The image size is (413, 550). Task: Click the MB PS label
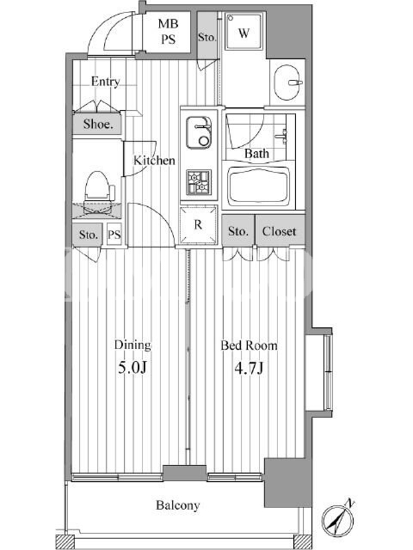[x=168, y=32]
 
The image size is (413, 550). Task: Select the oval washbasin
[x=288, y=82]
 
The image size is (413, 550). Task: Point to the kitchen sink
[x=199, y=132]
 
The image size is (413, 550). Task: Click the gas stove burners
[x=199, y=182]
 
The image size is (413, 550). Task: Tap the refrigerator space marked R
[x=198, y=225]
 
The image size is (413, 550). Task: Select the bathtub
[x=260, y=184]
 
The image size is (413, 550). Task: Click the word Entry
[x=105, y=82]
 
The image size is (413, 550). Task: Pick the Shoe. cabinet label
[x=98, y=124]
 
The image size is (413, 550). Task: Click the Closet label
[x=279, y=232]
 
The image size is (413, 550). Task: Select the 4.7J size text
[x=248, y=368]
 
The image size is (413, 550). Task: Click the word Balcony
[x=178, y=505]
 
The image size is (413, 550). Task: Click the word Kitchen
[x=154, y=161]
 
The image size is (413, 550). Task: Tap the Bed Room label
[x=249, y=346]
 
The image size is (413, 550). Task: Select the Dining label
[x=132, y=346]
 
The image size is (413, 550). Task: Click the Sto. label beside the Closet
[x=237, y=232]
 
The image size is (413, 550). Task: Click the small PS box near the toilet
[x=114, y=234]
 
